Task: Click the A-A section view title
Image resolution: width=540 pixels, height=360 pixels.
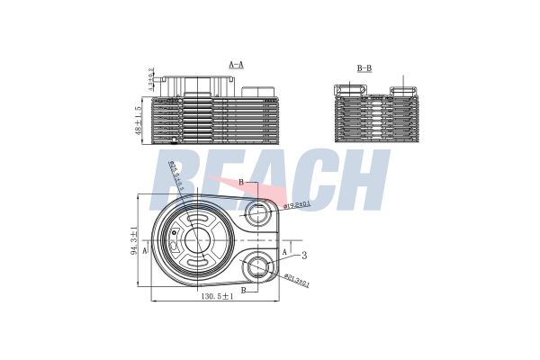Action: tap(237, 66)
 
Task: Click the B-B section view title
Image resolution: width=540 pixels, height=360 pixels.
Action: tap(364, 67)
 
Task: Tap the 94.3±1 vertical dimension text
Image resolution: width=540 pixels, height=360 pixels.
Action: tap(134, 242)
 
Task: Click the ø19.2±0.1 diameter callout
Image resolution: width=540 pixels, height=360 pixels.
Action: tap(298, 205)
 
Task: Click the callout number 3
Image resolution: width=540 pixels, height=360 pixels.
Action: tap(305, 256)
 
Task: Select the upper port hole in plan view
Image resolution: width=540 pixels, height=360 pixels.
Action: tap(259, 213)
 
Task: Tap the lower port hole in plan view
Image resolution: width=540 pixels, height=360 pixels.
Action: tap(259, 266)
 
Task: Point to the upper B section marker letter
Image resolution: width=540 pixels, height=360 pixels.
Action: tap(240, 183)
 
